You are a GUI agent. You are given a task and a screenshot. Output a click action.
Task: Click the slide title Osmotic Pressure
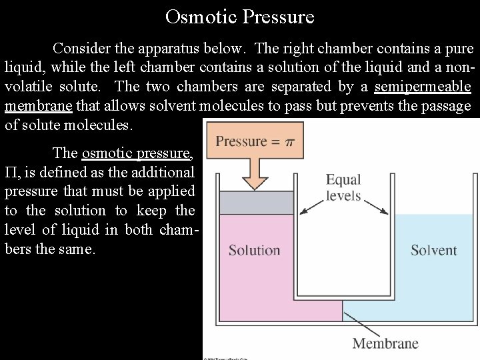[x=239, y=16]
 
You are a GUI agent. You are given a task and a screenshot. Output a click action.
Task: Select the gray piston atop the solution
[x=256, y=203]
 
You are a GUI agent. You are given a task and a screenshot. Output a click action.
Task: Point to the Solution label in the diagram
[x=254, y=251]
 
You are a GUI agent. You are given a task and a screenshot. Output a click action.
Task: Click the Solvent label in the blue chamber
[x=433, y=251]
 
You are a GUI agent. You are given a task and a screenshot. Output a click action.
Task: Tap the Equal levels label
[x=343, y=187]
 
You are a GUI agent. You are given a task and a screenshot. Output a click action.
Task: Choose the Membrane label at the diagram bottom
[x=385, y=344]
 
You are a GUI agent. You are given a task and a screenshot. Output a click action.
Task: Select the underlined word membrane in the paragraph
[x=40, y=106]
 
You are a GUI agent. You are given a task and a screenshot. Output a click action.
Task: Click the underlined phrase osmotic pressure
[x=137, y=153]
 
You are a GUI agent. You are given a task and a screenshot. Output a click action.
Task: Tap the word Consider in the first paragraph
[x=81, y=49]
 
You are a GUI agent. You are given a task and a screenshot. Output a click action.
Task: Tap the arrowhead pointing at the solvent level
[x=385, y=211]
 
